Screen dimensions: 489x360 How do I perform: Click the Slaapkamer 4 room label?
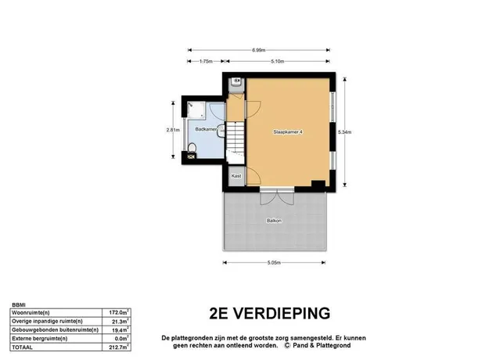pyautogui.click(x=288, y=132)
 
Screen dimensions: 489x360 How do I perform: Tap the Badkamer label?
pyautogui.click(x=206, y=129)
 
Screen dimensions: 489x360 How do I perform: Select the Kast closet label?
pyautogui.click(x=236, y=176)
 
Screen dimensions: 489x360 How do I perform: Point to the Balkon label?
pyautogui.click(x=274, y=221)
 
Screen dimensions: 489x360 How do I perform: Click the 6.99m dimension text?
pyautogui.click(x=259, y=50)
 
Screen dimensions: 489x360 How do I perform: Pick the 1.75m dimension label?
pyautogui.click(x=206, y=62)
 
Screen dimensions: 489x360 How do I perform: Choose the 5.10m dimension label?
pyautogui.click(x=277, y=62)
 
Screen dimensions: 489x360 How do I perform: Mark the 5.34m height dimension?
pyautogui.click(x=344, y=132)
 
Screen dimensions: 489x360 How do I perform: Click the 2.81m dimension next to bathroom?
pyautogui.click(x=173, y=130)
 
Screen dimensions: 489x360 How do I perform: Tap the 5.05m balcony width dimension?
pyautogui.click(x=274, y=263)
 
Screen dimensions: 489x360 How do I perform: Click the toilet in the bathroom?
pyautogui.click(x=192, y=148)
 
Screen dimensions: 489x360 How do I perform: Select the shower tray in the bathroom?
pyautogui.click(x=196, y=110)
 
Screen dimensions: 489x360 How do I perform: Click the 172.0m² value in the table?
pyautogui.click(x=119, y=312)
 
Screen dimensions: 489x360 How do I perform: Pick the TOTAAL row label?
pyautogui.click(x=22, y=347)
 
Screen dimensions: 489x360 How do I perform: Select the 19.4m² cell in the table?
pyautogui.click(x=120, y=329)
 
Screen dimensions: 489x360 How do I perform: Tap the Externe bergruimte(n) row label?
pyautogui.click(x=40, y=338)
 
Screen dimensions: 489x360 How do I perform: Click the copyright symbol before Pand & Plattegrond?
pyautogui.click(x=287, y=345)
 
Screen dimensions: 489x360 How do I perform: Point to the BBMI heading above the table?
pyautogui.click(x=19, y=304)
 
